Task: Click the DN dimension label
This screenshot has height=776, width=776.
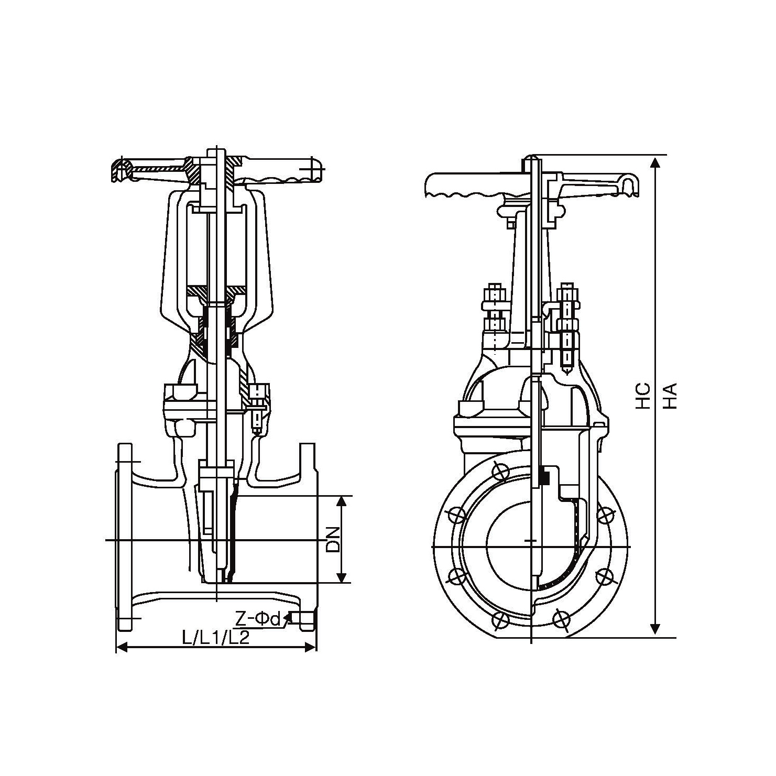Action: (x=333, y=540)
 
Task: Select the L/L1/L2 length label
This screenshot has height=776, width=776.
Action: (x=215, y=637)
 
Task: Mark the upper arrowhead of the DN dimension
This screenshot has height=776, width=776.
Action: (x=342, y=501)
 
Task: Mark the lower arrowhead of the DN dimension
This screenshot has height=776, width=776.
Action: (x=342, y=577)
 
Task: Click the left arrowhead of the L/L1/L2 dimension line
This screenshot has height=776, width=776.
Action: (x=122, y=648)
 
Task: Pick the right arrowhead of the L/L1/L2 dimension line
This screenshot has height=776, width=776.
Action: (x=310, y=648)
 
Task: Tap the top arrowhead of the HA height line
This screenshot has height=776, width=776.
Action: (x=654, y=162)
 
